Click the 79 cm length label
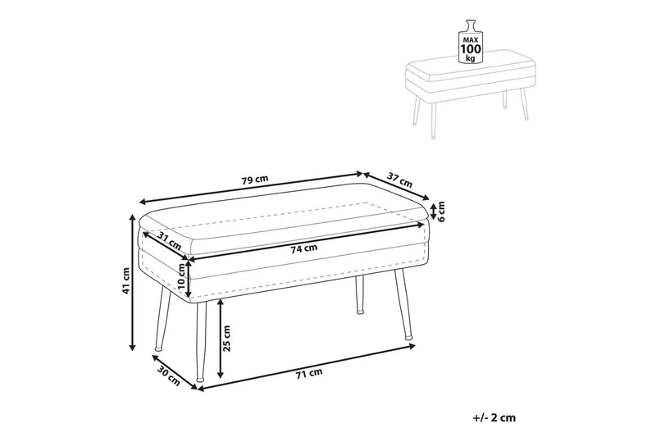click(254, 180)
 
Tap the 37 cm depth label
click(399, 180)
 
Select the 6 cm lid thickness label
click(440, 212)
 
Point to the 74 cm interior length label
click(304, 248)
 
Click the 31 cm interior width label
click(170, 240)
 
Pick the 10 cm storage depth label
click(181, 277)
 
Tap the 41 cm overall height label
click(125, 280)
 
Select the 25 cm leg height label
click(226, 338)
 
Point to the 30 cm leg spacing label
click(169, 376)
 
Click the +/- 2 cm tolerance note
click(494, 417)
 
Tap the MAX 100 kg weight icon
click(471, 41)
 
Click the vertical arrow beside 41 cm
click(133, 281)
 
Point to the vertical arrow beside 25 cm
click(220, 339)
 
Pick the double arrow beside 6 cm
click(433, 212)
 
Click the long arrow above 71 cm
click(306, 367)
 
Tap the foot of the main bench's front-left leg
click(200, 380)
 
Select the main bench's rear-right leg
click(359, 294)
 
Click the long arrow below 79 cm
click(251, 188)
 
